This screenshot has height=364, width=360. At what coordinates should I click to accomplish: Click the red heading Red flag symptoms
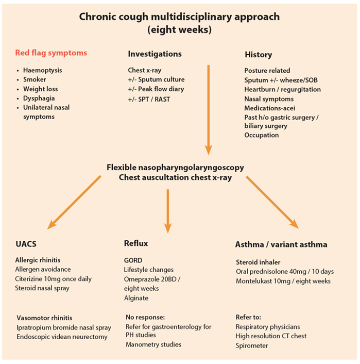[51, 53]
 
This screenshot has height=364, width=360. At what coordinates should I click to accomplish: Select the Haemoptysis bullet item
[42, 70]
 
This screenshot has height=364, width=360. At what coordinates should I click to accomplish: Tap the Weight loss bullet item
[40, 89]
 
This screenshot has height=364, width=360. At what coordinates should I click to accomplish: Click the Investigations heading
[155, 54]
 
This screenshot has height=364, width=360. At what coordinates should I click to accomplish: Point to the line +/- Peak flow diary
[156, 89]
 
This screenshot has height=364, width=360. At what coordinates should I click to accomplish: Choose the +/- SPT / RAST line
[149, 100]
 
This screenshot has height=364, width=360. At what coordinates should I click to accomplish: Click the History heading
[259, 55]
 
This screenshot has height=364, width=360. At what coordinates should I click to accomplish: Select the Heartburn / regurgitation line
[283, 89]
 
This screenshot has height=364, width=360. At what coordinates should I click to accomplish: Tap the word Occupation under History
[262, 135]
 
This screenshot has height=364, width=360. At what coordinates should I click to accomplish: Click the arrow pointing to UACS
[74, 203]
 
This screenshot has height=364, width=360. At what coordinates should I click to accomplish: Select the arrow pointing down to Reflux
[168, 211]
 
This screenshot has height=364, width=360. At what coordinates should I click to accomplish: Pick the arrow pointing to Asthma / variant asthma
[272, 203]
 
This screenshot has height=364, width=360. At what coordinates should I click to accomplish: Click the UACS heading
[26, 244]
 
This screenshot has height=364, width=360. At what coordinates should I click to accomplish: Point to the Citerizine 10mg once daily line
[54, 279]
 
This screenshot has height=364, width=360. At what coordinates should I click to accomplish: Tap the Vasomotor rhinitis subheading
[44, 318]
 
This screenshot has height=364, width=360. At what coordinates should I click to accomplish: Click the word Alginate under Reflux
[136, 298]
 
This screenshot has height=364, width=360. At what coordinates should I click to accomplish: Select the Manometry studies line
[153, 344]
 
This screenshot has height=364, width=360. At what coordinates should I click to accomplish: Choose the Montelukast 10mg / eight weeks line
[283, 281]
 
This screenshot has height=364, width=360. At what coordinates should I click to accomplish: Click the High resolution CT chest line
[271, 336]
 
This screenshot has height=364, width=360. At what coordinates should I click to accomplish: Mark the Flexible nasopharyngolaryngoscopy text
[175, 168]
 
